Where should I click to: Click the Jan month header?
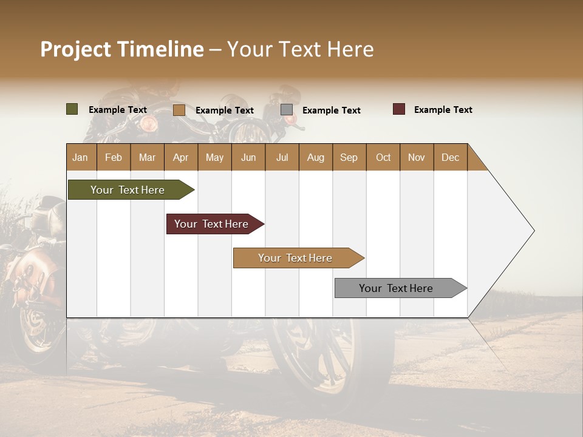coord(81,157)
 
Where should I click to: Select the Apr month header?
coord(181,157)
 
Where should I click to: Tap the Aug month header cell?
coord(316,157)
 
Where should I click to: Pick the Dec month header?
coord(450,157)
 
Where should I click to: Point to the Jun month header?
coord(248,157)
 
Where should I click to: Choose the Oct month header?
coord(383,157)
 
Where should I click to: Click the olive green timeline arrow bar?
coord(128,190)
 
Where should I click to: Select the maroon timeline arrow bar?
coord(211,224)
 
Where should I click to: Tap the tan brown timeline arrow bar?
coord(295,258)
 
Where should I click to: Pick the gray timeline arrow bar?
coord(396,288)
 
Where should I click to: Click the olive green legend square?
coord(72,109)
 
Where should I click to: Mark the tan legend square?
coord(179,110)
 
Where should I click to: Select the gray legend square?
coord(287,110)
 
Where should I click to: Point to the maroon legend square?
coord(399,109)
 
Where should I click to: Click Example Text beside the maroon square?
coord(443,110)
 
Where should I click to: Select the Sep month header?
coord(349,157)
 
